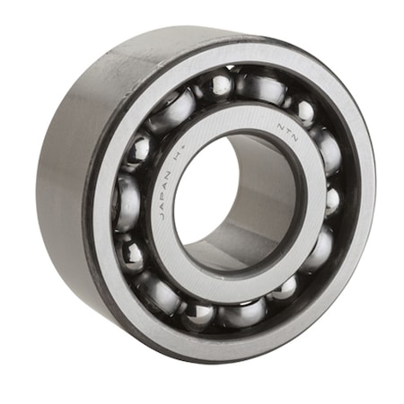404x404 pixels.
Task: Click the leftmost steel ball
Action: point(125,201)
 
